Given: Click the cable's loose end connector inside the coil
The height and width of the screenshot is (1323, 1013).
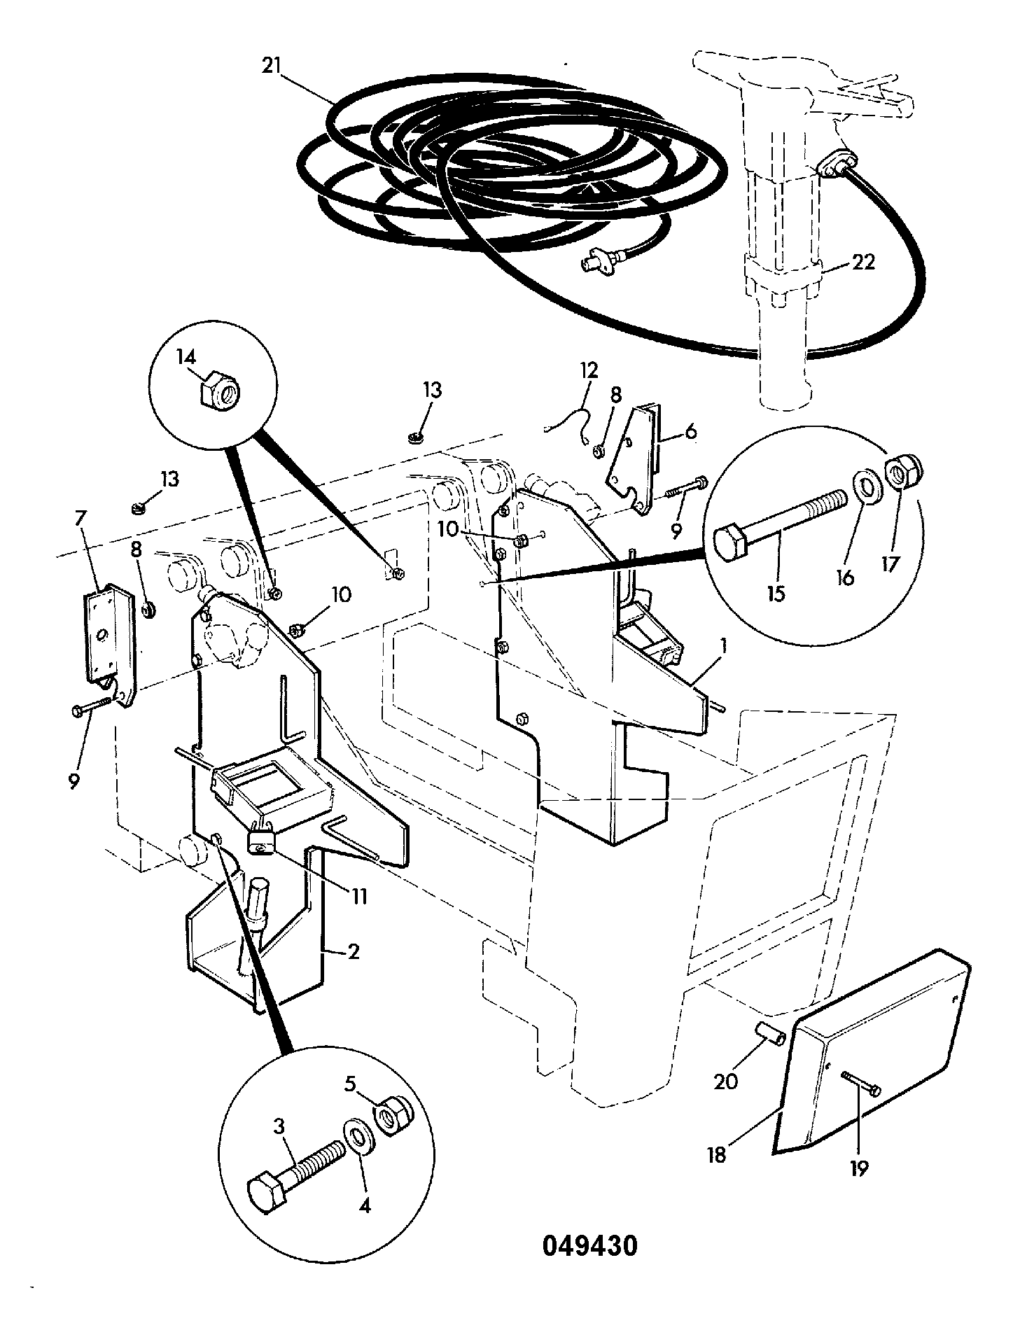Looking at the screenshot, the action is tap(594, 264).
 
